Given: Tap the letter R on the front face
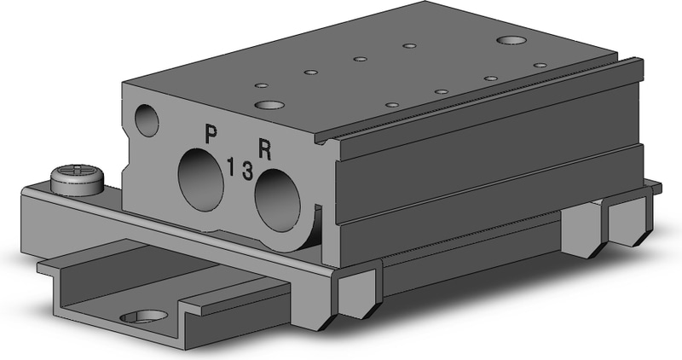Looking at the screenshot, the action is pos(265,149).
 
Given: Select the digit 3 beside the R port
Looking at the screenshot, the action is pos(247,171).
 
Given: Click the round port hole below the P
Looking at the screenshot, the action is pos(201,179).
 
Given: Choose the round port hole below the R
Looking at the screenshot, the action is pos(278,195).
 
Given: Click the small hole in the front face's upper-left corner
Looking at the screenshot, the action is pos(147,119).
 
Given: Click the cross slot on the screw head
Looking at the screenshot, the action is pos(78,171).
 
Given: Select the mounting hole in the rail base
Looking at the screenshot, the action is pos(145,317).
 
